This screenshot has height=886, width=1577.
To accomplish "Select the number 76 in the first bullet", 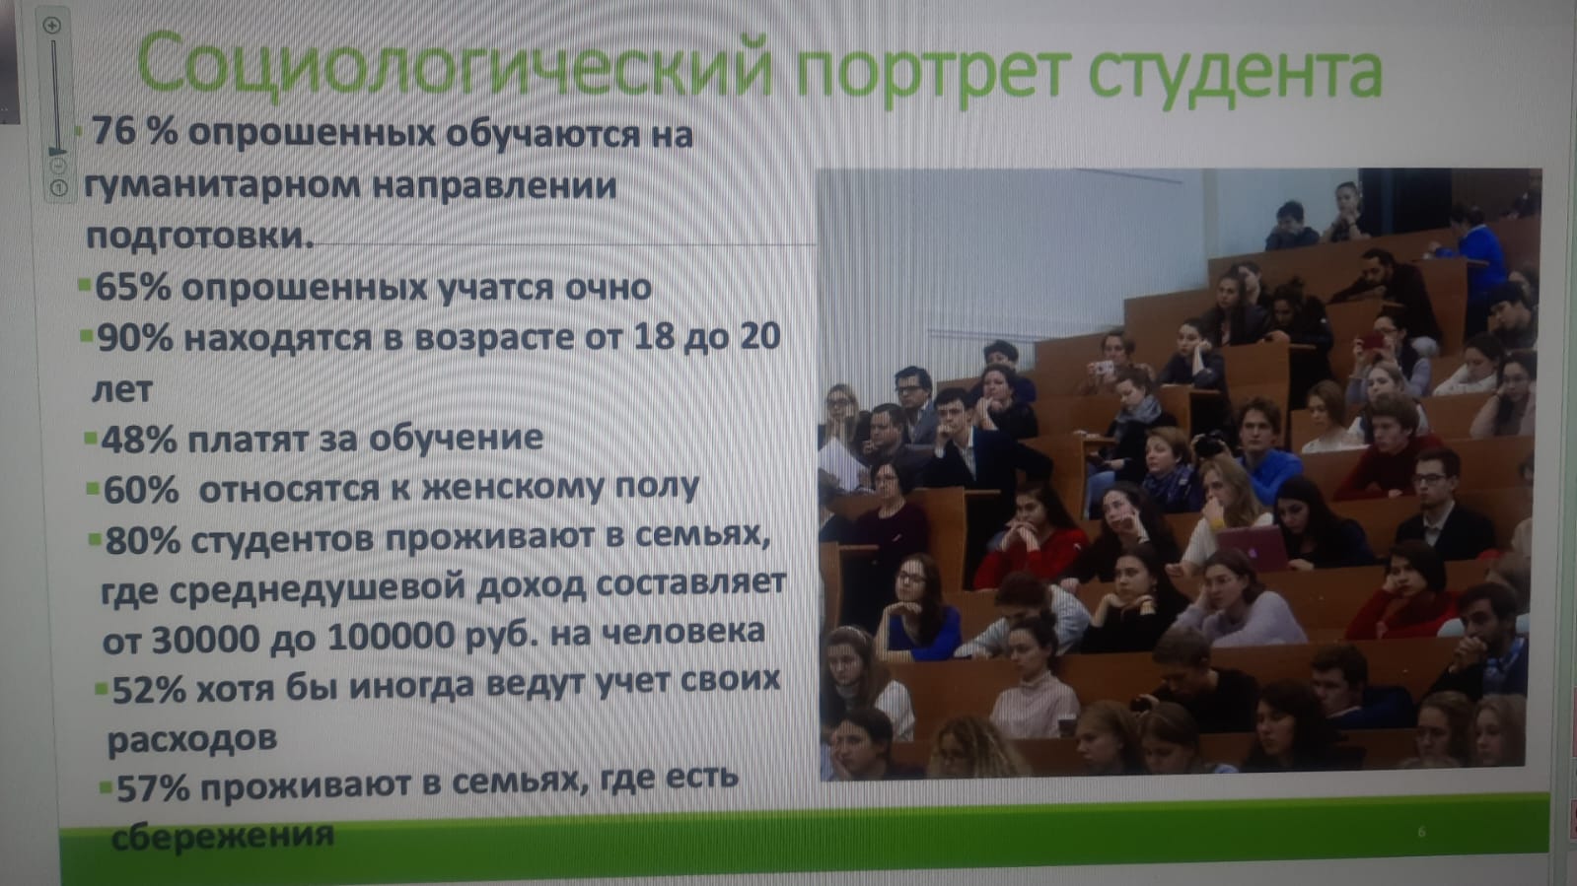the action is [114, 130].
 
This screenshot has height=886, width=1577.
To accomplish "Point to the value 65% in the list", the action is [132, 287].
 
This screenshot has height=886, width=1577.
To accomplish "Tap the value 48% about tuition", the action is [139, 441].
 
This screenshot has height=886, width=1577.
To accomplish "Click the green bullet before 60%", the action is [93, 488].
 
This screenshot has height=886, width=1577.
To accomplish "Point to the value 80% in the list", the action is [143, 541].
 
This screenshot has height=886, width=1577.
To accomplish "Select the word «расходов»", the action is [191, 739].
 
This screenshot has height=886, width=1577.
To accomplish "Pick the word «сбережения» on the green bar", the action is [223, 837].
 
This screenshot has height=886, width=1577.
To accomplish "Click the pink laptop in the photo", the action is [1253, 548].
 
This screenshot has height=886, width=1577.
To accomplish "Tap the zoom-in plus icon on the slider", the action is [52, 26].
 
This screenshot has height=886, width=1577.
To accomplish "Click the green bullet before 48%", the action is [90, 439].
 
